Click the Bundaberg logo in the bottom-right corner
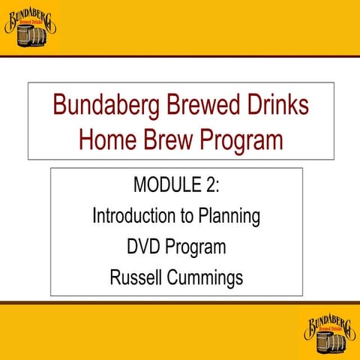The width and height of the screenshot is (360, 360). (x=329, y=332)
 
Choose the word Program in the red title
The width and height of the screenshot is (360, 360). (x=246, y=140)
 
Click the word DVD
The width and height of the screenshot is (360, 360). (x=145, y=247)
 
